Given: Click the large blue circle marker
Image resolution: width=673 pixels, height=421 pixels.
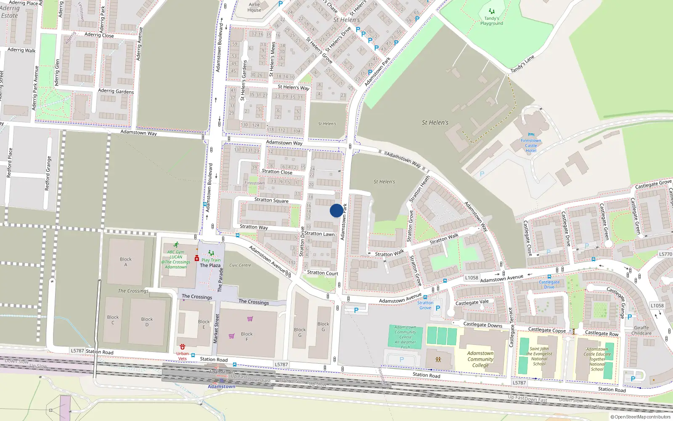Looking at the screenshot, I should coord(336,210).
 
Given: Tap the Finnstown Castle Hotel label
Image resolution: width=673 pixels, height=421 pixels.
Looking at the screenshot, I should coord(531,146).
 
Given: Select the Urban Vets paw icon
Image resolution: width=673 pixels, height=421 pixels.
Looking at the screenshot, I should coord(182,347).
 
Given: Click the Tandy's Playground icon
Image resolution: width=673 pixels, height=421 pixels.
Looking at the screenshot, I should coord(491,11).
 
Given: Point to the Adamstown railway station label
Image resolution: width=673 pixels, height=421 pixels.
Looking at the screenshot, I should coord(221,386).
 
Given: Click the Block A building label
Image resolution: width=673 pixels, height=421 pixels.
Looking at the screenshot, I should coord(125,262).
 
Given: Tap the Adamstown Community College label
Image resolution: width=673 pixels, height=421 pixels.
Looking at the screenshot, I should coord(480,359).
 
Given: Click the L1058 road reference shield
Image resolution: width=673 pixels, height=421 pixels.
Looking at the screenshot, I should coord(472,278).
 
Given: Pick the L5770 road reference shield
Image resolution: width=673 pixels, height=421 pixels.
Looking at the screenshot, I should coord(665,254).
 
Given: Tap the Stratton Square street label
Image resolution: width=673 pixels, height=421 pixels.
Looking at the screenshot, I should coord(271,200).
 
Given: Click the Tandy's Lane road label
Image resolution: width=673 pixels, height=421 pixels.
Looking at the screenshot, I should coord(522,64).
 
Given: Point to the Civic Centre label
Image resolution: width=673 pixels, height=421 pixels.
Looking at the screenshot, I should coord(240,265).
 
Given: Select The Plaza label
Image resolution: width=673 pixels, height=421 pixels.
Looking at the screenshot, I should coord(210,265).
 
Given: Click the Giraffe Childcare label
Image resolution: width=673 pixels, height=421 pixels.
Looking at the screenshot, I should coord(641,330).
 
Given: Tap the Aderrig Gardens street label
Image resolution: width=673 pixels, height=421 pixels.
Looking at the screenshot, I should coord(116,91).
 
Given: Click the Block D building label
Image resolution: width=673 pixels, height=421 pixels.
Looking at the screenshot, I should coord(147,322).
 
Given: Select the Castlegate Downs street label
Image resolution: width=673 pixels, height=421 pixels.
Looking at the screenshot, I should coord(482,325).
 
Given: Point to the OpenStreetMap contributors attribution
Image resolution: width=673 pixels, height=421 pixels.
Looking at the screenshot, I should coord(640,417).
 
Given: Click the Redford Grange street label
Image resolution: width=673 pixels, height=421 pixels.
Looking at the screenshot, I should coord(48,173).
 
